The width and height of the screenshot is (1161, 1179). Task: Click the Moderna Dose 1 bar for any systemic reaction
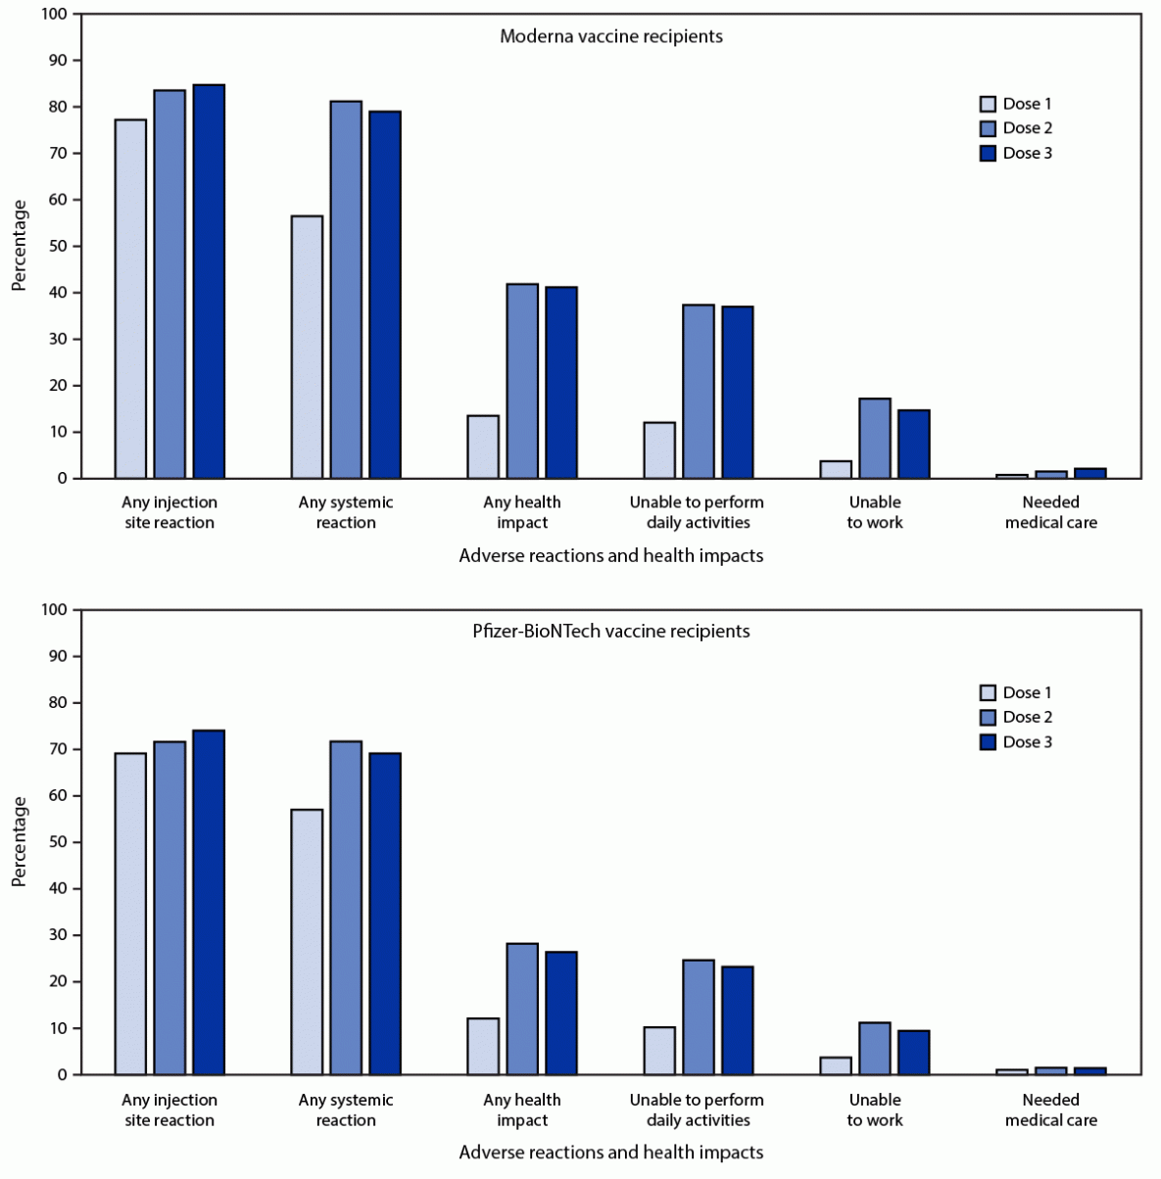(307, 347)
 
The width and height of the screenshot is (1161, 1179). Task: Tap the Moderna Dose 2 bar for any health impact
(522, 381)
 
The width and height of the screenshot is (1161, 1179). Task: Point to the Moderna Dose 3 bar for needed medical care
(1090, 474)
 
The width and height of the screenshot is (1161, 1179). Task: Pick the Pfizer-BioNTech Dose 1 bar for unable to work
(836, 1065)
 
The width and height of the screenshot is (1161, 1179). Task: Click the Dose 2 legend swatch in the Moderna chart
(989, 128)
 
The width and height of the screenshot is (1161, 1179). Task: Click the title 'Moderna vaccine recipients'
(611, 36)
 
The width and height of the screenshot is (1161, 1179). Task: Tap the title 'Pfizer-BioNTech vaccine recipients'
(611, 632)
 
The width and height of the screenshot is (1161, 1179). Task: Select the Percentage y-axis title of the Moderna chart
(19, 246)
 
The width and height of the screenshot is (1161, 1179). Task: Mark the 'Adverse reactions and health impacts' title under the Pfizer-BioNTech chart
(611, 1153)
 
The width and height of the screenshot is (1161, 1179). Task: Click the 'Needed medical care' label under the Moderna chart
(1051, 512)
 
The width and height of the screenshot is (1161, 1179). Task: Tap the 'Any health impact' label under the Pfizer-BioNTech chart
(522, 1109)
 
